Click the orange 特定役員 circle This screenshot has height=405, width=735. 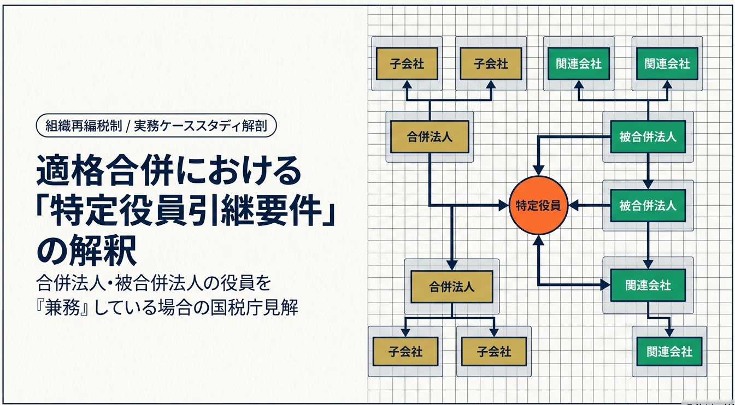point(538,206)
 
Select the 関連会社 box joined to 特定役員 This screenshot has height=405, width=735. point(648,285)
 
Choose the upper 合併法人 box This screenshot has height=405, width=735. point(430,136)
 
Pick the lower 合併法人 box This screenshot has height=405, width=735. point(451,286)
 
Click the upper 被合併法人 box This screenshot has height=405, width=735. point(648,136)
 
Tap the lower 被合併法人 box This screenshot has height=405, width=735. point(648,206)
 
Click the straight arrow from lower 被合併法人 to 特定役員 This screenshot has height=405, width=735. point(590,206)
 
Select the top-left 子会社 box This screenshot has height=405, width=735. point(407,64)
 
